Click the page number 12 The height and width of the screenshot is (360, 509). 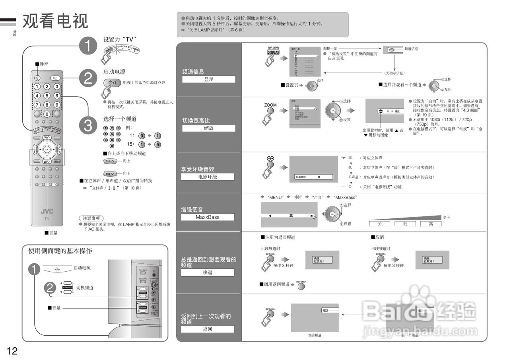(12, 350)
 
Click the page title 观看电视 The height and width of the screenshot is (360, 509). (55, 21)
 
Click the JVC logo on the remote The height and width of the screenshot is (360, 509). (47, 211)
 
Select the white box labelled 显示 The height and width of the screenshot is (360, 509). (208, 79)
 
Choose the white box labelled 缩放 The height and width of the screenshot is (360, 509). (208, 128)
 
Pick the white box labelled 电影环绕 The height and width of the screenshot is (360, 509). (208, 177)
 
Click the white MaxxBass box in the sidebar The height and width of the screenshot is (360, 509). (208, 217)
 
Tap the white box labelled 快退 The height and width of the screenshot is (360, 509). (208, 272)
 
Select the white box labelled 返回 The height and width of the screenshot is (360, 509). (208, 329)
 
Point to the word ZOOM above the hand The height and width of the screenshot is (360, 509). (270, 105)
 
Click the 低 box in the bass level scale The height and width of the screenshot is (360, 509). (405, 224)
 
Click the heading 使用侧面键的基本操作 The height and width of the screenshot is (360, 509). (60, 251)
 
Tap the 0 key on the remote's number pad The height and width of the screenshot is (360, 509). (47, 114)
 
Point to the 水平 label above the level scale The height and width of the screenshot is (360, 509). (446, 217)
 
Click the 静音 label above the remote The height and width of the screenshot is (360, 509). (43, 64)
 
